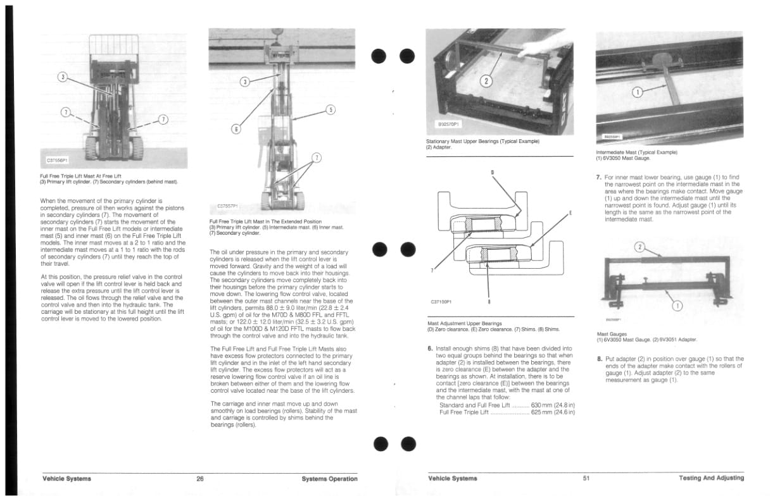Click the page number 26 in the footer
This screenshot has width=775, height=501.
[x=200, y=479]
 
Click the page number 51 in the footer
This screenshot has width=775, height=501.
[x=586, y=478]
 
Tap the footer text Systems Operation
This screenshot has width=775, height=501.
[x=329, y=479]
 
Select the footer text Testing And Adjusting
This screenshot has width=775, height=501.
[x=711, y=478]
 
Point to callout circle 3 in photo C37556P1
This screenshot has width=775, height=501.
[x=62, y=77]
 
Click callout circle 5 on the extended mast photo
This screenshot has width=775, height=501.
[x=331, y=109]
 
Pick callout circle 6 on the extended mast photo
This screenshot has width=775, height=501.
[x=236, y=129]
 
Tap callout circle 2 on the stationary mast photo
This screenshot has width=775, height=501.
[x=486, y=80]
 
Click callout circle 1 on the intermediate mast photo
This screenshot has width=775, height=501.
[x=638, y=92]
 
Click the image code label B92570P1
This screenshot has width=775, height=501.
[x=448, y=124]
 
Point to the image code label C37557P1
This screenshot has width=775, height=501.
[x=228, y=206]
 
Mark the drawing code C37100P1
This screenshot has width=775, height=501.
[x=441, y=302]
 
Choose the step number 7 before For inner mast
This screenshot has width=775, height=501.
[x=599, y=178]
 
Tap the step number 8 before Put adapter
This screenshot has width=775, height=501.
[x=599, y=359]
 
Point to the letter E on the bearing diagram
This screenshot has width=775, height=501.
[x=570, y=213]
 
